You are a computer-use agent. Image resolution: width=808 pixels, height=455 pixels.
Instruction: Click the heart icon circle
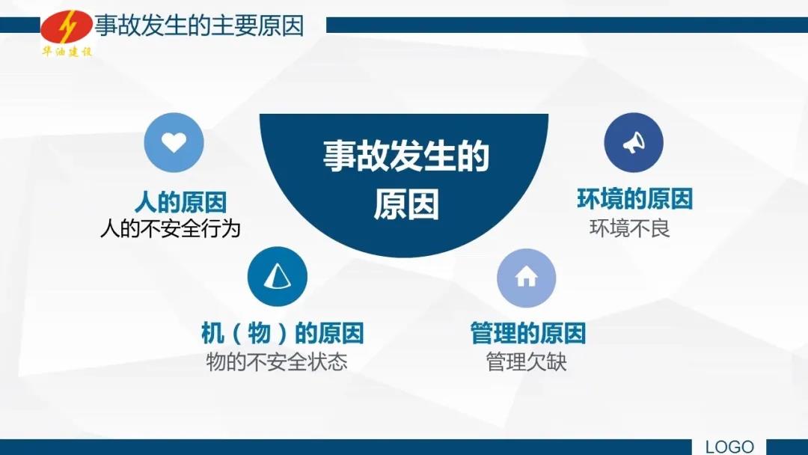click(174, 142)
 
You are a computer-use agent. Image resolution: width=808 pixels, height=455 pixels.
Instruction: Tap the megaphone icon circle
click(634, 143)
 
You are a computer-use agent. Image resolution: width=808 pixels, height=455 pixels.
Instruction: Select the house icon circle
click(526, 278)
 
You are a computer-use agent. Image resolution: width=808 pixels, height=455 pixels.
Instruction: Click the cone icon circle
click(278, 276)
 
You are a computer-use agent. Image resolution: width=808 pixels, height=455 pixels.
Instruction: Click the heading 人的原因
click(180, 202)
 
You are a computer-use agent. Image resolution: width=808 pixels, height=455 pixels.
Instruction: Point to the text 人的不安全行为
click(171, 228)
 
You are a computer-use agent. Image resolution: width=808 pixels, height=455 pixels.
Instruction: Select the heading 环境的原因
click(635, 199)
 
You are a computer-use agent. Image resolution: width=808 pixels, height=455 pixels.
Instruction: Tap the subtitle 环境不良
click(629, 227)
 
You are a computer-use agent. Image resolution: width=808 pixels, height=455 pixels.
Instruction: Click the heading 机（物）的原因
click(282, 333)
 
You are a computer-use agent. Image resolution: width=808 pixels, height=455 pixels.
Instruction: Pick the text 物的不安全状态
click(277, 361)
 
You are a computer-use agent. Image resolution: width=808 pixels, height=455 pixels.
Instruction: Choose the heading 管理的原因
click(528, 333)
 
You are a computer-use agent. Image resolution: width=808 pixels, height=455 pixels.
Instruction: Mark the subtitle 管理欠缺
click(526, 361)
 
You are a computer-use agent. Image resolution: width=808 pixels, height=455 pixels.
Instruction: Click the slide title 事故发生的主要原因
click(200, 25)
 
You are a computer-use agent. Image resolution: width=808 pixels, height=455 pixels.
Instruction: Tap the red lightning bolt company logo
click(67, 28)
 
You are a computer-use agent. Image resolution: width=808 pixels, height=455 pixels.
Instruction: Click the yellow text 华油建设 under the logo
click(67, 52)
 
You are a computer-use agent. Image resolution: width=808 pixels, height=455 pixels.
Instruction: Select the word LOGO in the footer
click(729, 447)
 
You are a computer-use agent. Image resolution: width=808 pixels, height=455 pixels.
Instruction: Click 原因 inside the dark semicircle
click(406, 204)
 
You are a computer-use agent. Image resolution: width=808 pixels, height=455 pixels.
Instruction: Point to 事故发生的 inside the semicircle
click(406, 156)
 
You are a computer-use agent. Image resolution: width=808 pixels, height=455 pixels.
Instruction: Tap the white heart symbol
click(174, 142)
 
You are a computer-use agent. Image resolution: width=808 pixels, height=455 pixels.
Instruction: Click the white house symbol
click(526, 277)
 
